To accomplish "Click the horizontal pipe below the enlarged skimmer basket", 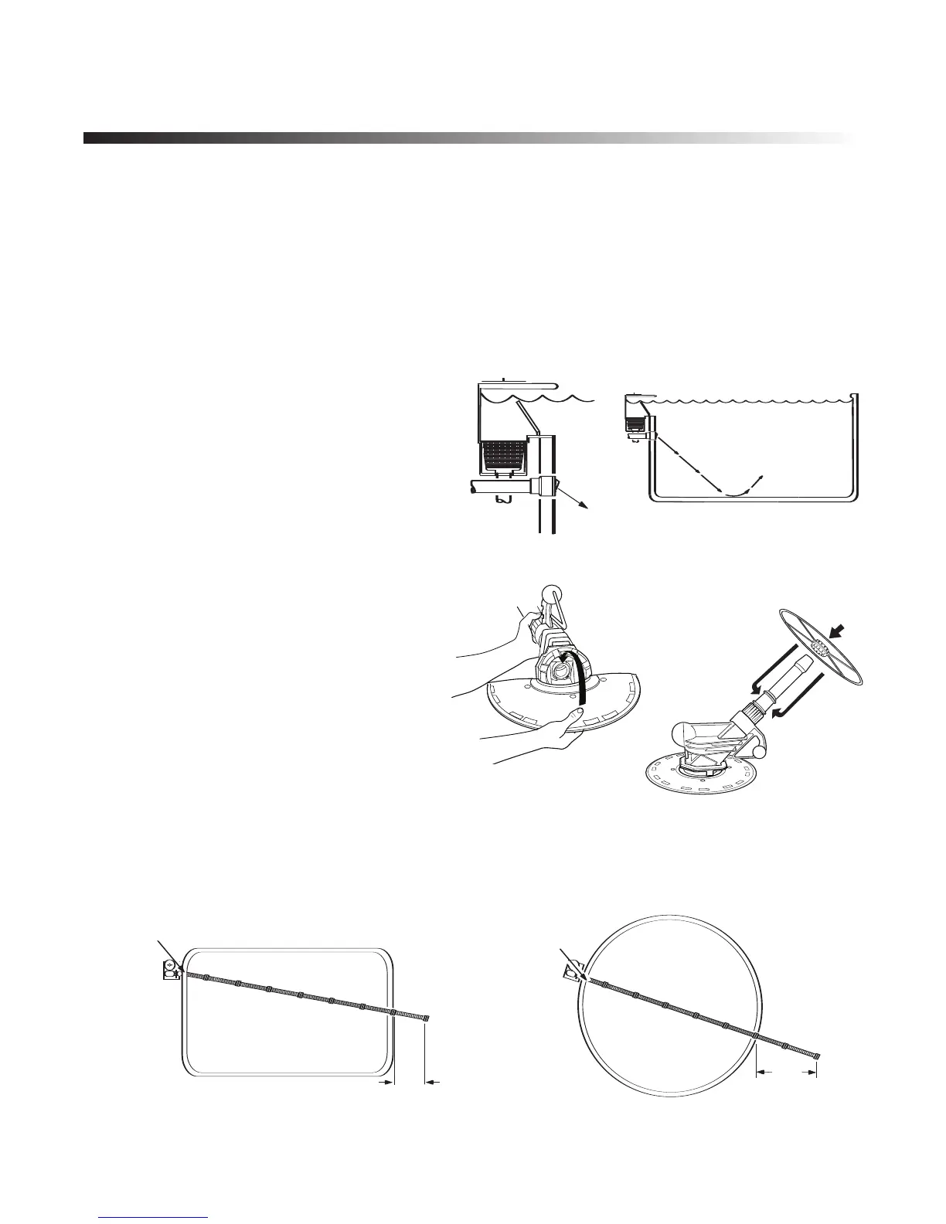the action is [495, 488].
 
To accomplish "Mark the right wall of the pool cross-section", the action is [856, 448].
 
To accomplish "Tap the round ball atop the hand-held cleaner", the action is [573, 596].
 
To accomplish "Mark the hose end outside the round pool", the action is [815, 1056].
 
